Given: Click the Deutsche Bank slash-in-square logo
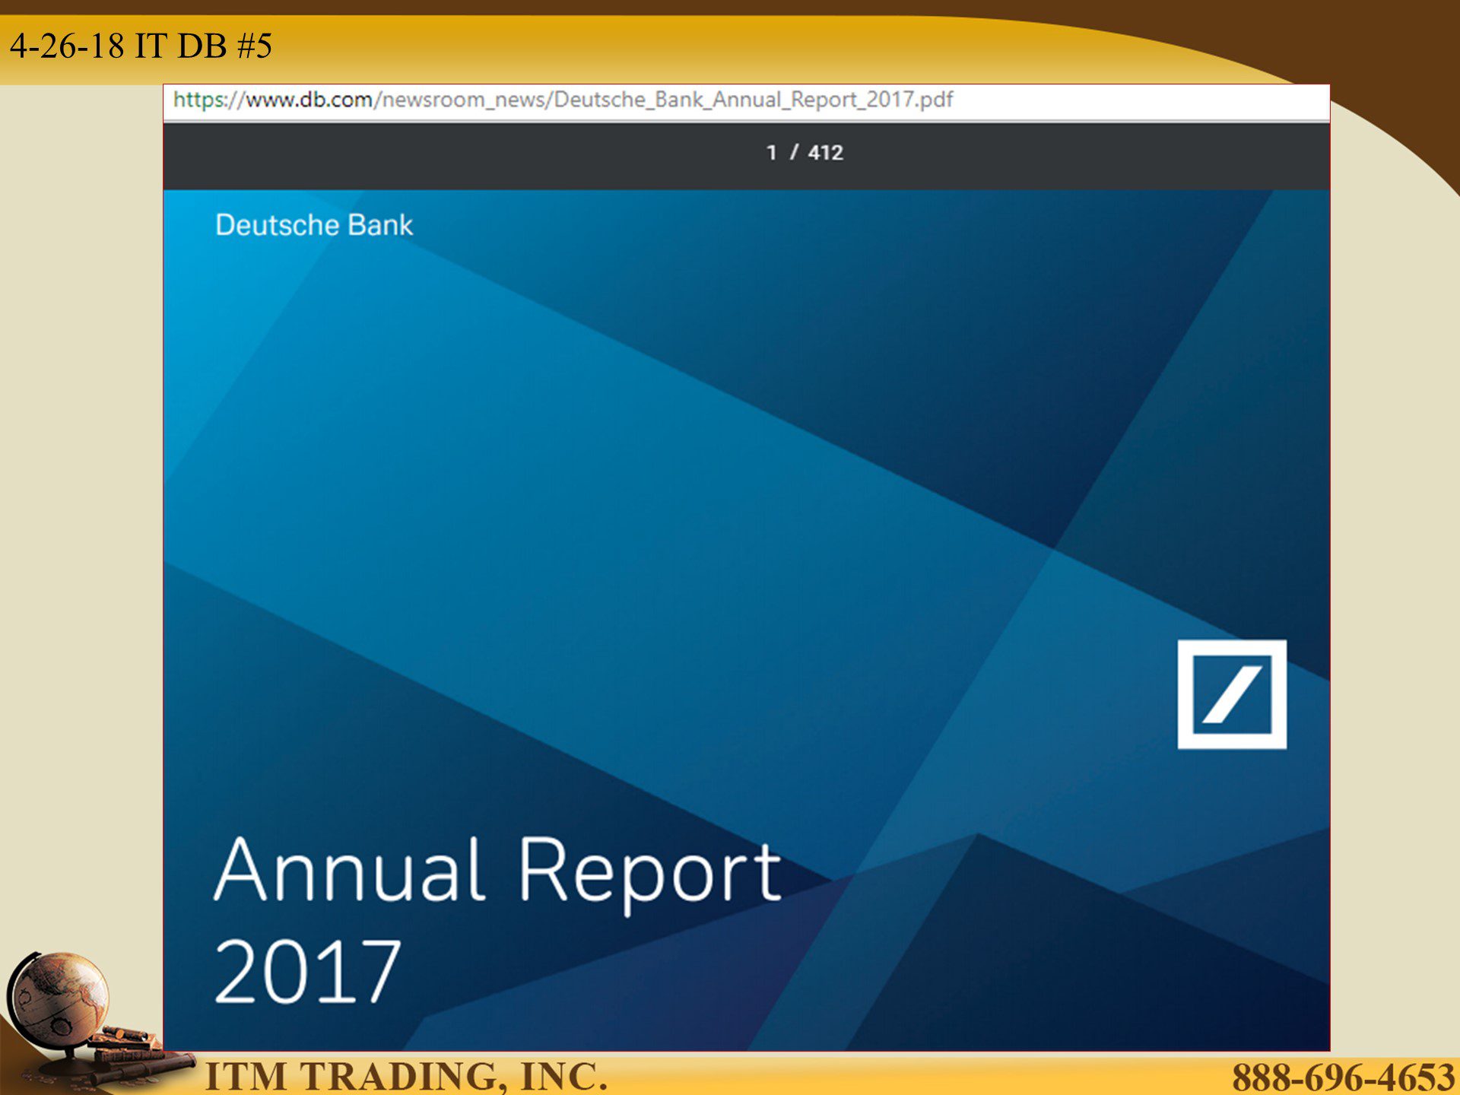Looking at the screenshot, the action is (1232, 694).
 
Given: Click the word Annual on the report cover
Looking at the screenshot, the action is (350, 869).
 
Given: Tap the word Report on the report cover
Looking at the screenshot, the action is (650, 875).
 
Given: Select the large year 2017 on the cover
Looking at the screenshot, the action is (307, 971).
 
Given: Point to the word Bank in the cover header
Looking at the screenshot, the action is (380, 225).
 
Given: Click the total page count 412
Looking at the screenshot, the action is (826, 153).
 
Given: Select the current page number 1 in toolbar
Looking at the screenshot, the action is (772, 153).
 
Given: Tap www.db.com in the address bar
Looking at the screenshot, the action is (309, 100).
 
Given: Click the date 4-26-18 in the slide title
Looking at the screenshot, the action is (68, 46).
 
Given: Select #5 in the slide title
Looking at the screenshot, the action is (255, 46).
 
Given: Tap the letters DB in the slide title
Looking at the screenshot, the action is (202, 46).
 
